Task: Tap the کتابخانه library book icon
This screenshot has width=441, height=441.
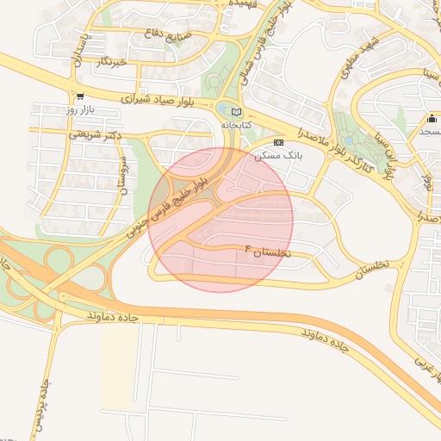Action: pos(237,111)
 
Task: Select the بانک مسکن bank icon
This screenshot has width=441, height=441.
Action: pos(277,142)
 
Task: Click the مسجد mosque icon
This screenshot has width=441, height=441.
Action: pos(432,118)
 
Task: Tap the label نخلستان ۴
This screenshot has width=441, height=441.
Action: pos(269,252)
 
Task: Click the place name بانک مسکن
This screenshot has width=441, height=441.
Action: pos(275,157)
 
